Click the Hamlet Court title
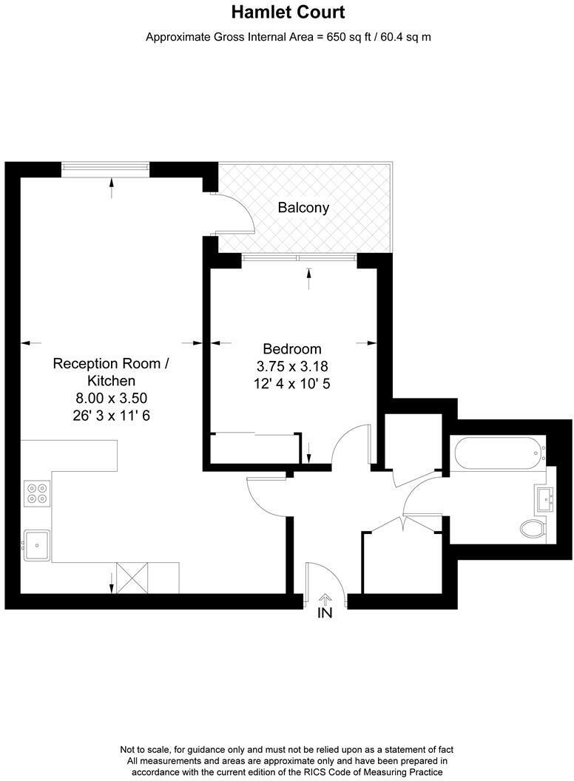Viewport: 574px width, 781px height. point(288,13)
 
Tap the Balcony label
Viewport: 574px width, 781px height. point(303,208)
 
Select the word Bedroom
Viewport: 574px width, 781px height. point(292,349)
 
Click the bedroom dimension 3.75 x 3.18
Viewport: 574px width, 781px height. point(292,366)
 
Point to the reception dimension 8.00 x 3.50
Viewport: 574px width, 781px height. point(111,398)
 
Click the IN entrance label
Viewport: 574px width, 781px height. point(325,613)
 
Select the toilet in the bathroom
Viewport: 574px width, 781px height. point(533,528)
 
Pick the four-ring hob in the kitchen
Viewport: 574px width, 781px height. point(36,493)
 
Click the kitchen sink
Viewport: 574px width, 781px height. point(36,546)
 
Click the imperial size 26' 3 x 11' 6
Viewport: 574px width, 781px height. point(111,416)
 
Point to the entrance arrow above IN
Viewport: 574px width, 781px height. point(325,598)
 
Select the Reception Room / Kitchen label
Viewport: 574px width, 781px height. point(111,372)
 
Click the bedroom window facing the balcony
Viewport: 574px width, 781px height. point(300,258)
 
